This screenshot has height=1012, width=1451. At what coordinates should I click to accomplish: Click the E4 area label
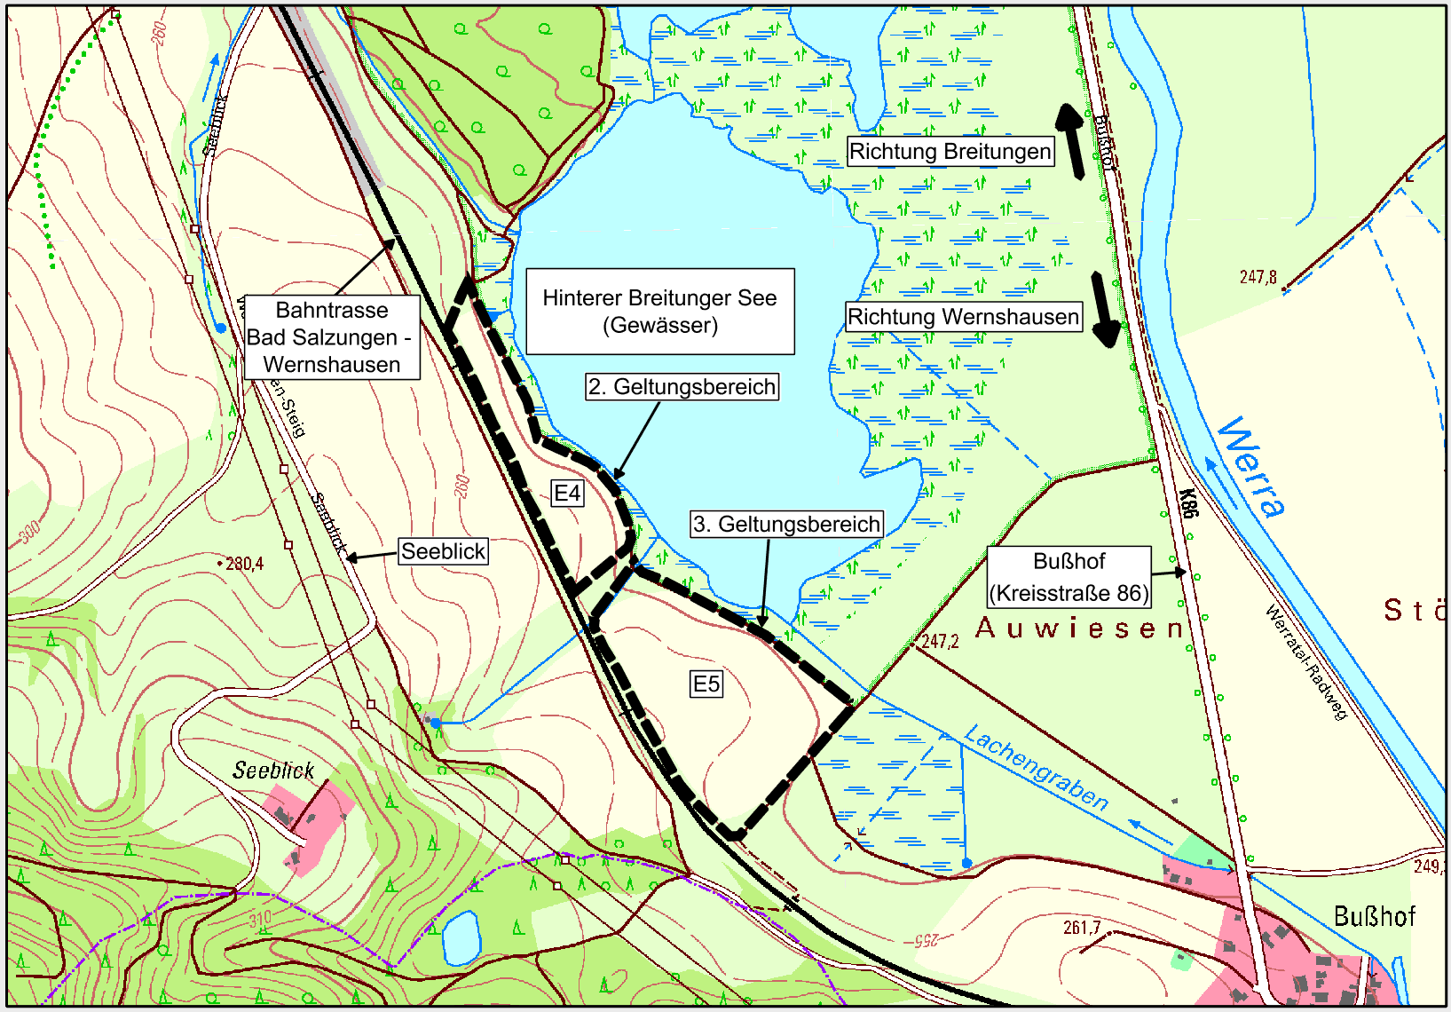coord(567,494)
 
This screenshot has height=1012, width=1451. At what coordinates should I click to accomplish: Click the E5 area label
coord(706,684)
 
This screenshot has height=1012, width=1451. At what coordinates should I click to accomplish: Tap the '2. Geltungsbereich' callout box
coord(682,387)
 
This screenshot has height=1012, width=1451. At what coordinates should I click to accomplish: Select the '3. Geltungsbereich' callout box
coord(786,524)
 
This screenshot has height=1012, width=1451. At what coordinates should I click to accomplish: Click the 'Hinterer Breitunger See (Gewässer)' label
coord(659,312)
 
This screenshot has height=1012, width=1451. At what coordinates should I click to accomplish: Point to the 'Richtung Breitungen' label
coord(950,152)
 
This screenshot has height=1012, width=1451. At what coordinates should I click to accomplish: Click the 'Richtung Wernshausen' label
coord(963,317)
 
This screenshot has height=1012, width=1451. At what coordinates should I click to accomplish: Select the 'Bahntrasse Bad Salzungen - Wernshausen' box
coord(332,337)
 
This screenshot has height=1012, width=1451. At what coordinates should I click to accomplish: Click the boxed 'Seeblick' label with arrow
coord(443,551)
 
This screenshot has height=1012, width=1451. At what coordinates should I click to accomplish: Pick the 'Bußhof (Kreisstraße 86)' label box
coord(1069,577)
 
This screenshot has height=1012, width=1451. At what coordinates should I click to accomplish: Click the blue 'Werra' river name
coord(1251,467)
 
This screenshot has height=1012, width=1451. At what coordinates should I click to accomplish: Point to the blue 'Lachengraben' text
coord(1036,768)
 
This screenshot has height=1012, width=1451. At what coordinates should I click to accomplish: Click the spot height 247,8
coord(1258,277)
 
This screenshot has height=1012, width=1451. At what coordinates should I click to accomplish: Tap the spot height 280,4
coord(243,564)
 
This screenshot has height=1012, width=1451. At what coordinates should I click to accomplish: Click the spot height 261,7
coord(1081,928)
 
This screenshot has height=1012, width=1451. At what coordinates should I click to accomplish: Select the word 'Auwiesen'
coord(1079,629)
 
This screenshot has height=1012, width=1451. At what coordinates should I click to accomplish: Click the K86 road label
coord(1189,503)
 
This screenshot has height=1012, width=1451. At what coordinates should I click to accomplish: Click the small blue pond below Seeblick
coord(461,937)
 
